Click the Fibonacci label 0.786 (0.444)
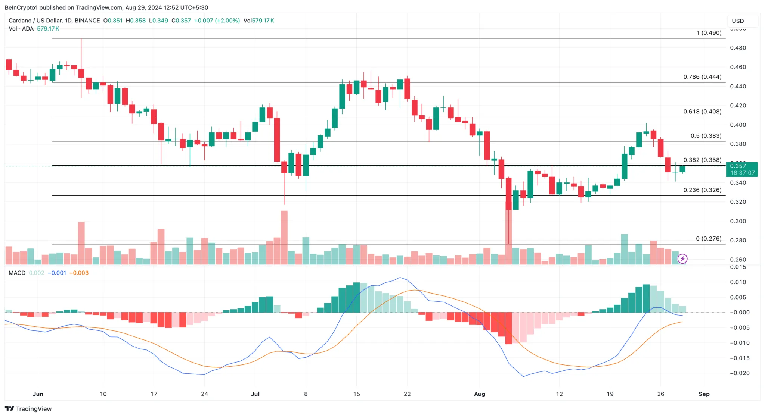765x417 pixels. (x=702, y=77)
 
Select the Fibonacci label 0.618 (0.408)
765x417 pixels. (x=702, y=112)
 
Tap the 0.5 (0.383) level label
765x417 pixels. (x=706, y=136)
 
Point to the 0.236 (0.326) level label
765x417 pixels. (x=702, y=190)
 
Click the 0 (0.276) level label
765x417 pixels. (x=709, y=239)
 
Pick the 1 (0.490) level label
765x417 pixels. (x=709, y=33)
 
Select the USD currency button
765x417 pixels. (x=738, y=21)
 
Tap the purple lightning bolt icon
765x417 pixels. (x=682, y=258)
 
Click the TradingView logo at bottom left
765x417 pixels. (x=28, y=409)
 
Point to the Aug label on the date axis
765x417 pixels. (x=479, y=394)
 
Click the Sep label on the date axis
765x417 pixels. (x=704, y=394)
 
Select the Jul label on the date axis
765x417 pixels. (x=255, y=394)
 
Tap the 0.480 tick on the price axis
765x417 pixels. (x=738, y=48)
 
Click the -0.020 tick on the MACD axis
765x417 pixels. (x=739, y=373)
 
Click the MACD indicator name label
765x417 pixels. (x=17, y=273)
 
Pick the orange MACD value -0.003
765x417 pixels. (x=79, y=273)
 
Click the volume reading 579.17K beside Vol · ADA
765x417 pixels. (x=48, y=29)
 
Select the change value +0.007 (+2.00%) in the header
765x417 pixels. (x=217, y=21)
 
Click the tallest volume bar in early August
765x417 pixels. (x=508, y=231)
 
